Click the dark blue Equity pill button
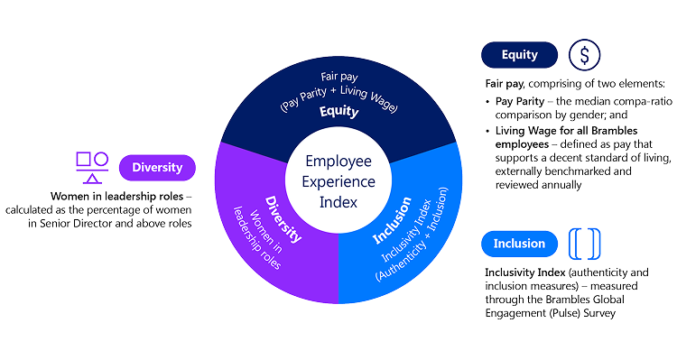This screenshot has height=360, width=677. point(519,55)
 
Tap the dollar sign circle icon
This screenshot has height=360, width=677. point(584,55)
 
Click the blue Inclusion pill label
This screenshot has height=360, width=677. point(519,244)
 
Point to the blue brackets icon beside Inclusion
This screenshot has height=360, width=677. point(585,244)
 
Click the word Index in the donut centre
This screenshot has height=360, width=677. point(338,202)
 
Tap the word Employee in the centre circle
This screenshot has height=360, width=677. point(338,161)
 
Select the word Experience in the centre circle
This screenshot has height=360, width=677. point(338,181)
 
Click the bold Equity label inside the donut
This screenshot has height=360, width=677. point(338,111)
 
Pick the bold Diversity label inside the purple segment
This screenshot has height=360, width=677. point(283,219)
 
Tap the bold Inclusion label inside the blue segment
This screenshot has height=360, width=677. point(392,220)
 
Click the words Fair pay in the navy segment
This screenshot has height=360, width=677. point(339,77)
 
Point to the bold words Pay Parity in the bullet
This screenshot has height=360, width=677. point(520,101)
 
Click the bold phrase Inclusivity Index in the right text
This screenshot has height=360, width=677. point(525,272)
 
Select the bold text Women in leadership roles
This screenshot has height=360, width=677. point(117,197)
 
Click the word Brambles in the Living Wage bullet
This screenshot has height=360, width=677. point(615,130)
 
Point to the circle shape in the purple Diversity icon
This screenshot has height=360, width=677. point(101,159)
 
